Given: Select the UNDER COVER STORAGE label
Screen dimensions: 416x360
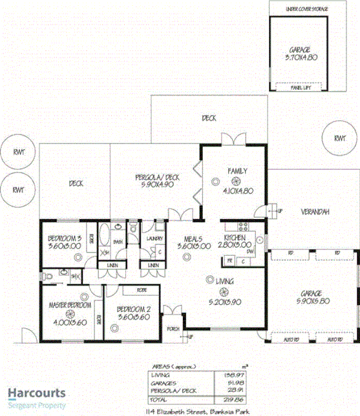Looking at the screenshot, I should tap(298, 10).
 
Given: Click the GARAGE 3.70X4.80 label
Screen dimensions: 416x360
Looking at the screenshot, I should tap(298, 53).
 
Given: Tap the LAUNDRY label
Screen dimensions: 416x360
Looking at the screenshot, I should tap(153, 238).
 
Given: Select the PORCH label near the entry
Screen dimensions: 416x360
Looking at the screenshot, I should tap(172, 328).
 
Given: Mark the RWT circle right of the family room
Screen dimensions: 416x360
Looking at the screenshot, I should tap(339, 138).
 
